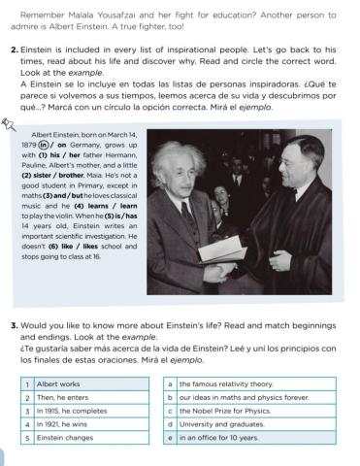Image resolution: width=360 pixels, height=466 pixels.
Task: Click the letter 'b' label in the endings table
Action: tap(170, 397)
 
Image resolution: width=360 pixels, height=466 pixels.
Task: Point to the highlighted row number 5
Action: tap(27, 438)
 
